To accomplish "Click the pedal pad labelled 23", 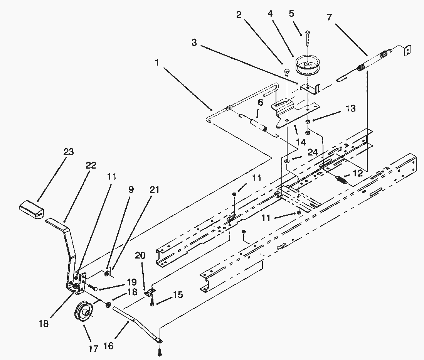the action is tap(31, 209).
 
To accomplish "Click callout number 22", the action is tap(91, 165).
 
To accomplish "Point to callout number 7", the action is tap(329, 17).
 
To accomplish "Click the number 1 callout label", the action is tap(157, 63).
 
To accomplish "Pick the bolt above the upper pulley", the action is tap(308, 39).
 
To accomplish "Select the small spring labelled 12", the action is tap(341, 179).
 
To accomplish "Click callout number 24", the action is tap(313, 152).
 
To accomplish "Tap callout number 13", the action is tap(350, 108).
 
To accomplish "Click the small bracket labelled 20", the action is tap(150, 292).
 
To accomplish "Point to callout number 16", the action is tap(108, 346).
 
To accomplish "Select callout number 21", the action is tap(155, 190).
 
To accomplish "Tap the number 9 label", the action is tap(131, 189).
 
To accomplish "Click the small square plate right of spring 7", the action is tap(407, 50).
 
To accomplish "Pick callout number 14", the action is tap(301, 142).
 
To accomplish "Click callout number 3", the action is tap(194, 42).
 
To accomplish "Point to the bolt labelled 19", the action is tap(92, 287).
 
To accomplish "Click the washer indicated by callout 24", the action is tap(287, 161).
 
